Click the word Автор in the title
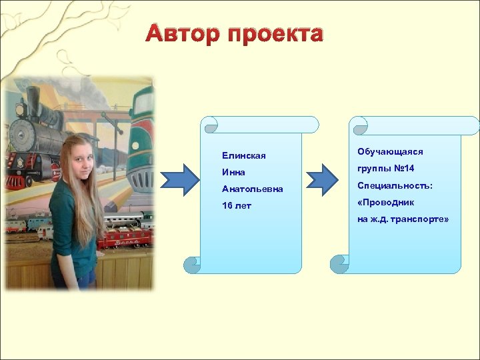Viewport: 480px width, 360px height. click(x=183, y=34)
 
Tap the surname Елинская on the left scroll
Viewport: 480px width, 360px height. click(x=244, y=156)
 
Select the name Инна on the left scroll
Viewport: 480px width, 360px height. click(x=234, y=173)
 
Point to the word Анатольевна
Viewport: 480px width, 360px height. click(x=253, y=189)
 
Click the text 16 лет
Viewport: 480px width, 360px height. click(x=237, y=206)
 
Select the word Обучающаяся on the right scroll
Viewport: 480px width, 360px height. click(x=390, y=152)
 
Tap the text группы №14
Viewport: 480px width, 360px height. click(x=386, y=169)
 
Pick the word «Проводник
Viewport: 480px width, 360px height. click(x=386, y=202)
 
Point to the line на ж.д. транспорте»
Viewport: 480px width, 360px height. click(x=403, y=219)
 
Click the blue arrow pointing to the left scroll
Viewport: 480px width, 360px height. click(x=181, y=180)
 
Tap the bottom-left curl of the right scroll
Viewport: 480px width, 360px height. click(x=341, y=265)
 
